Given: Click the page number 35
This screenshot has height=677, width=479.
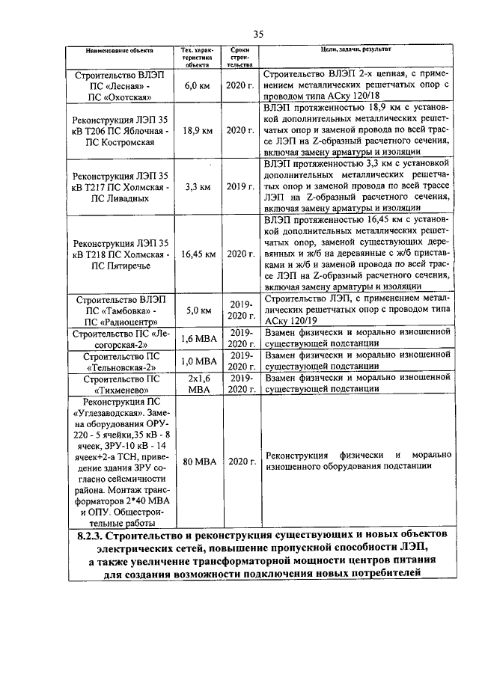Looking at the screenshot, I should [259, 34].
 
